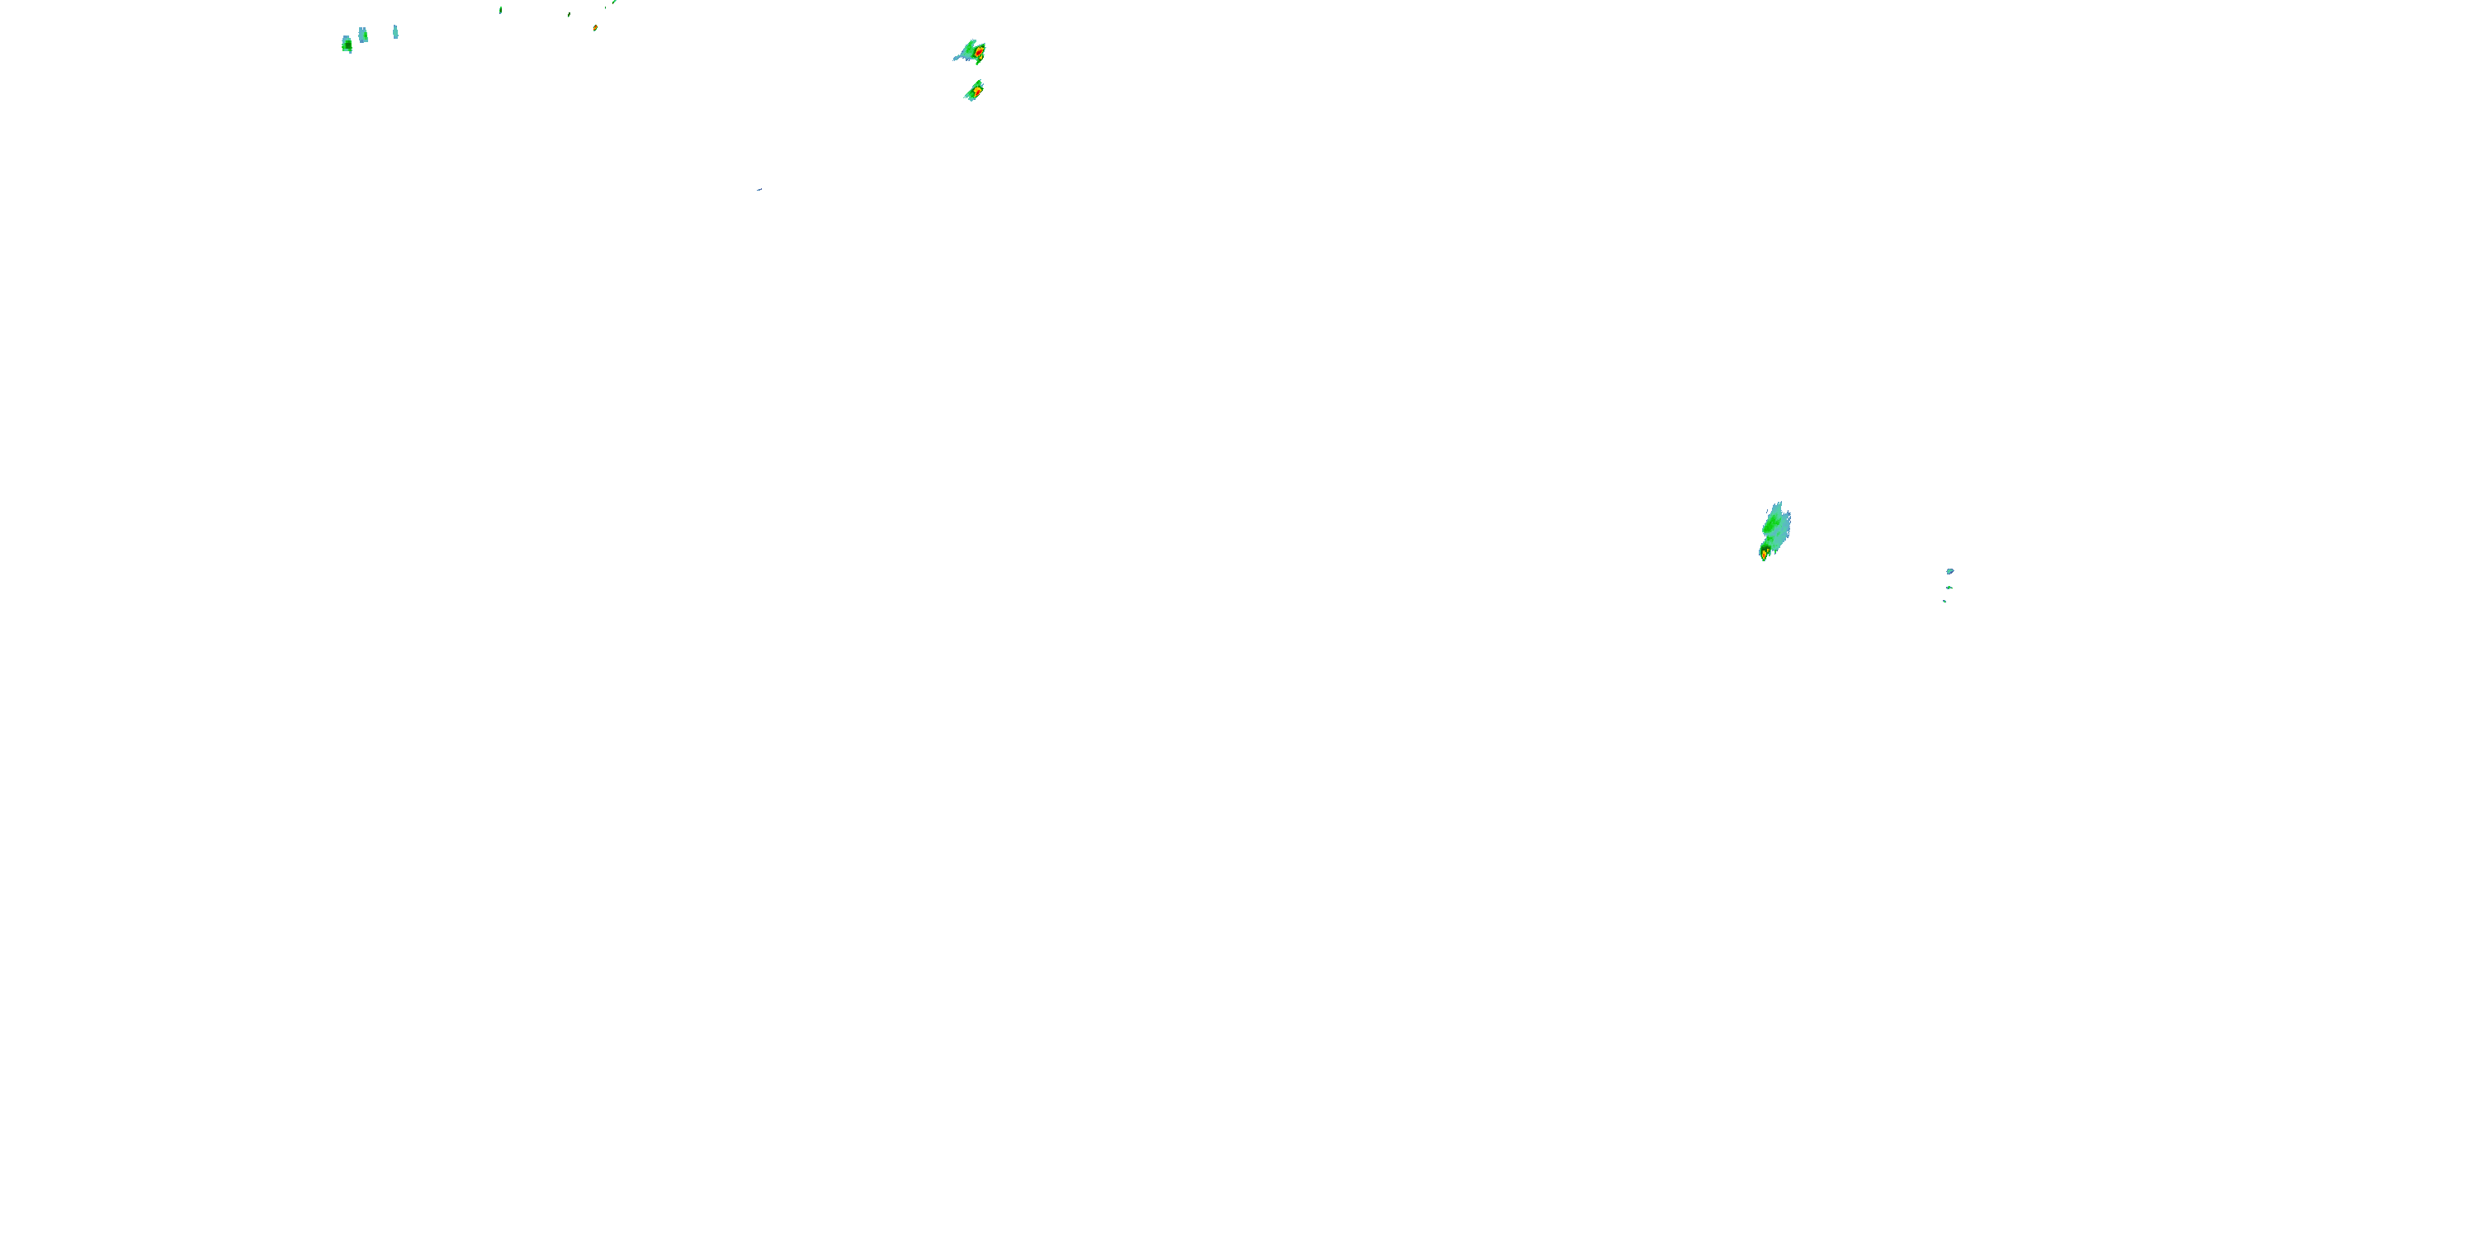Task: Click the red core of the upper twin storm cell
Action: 979,51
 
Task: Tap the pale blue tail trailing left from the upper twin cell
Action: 958,58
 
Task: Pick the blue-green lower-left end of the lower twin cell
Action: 968,97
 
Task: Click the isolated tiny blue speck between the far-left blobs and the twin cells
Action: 758,189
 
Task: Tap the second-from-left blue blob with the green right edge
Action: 362,35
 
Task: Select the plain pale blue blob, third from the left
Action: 395,31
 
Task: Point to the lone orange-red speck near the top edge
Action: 595,28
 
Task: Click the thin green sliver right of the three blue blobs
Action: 501,10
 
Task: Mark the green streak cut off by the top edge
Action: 614,2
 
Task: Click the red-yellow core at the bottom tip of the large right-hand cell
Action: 1765,554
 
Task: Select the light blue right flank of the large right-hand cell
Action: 1783,529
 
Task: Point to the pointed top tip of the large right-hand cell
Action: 1779,503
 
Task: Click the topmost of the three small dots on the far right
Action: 1949,571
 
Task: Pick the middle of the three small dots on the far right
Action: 1949,588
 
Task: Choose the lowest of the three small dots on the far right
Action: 1944,602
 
